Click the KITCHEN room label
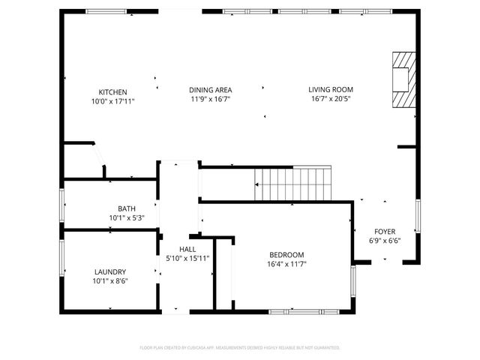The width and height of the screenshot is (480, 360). click(112, 92)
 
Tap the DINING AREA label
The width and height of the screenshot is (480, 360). click(209, 90)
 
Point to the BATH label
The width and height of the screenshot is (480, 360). click(126, 209)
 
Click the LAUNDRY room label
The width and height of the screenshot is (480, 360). click(110, 272)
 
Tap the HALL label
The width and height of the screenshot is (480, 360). click(187, 249)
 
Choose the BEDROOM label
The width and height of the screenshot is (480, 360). click(286, 254)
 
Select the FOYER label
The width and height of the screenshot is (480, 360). click(385, 232)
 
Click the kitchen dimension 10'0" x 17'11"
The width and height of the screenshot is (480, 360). click(112, 101)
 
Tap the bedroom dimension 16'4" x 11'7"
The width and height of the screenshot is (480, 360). click(286, 264)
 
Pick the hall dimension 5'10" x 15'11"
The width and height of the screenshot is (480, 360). click(187, 259)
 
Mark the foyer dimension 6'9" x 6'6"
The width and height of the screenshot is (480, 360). click(385, 241)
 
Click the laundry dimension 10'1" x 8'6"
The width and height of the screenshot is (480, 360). click(110, 281)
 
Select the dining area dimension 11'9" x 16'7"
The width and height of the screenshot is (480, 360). click(209, 99)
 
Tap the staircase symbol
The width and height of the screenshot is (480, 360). click(293, 184)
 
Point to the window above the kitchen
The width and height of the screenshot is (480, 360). click(106, 11)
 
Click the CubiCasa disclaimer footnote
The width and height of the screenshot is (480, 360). click(240, 348)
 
